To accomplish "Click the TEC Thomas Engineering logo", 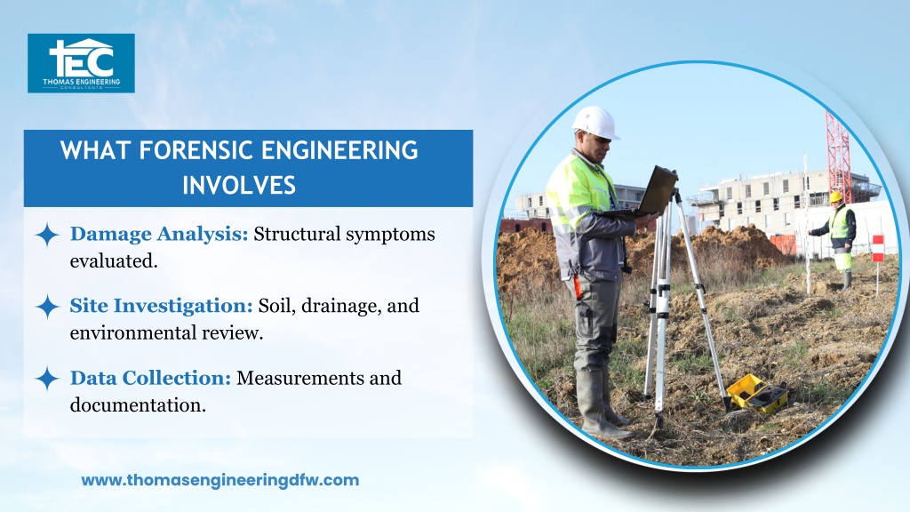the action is [x=81, y=63].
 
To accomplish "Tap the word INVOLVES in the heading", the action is [x=239, y=185].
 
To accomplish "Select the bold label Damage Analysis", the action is [x=159, y=234].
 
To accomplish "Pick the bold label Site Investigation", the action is [x=162, y=306].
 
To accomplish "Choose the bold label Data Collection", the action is [x=151, y=378].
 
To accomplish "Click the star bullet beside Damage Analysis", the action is [x=47, y=235].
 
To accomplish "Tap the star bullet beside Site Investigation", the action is [x=47, y=307].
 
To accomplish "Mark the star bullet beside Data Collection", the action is [x=47, y=379].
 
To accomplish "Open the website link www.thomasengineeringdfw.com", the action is [x=220, y=480].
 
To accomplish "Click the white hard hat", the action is [x=595, y=123].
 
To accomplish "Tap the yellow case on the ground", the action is [x=757, y=394].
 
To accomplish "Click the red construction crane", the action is [x=837, y=157].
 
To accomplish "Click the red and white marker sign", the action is [x=877, y=249].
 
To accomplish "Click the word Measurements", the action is [x=300, y=378].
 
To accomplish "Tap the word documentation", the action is [x=138, y=405].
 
